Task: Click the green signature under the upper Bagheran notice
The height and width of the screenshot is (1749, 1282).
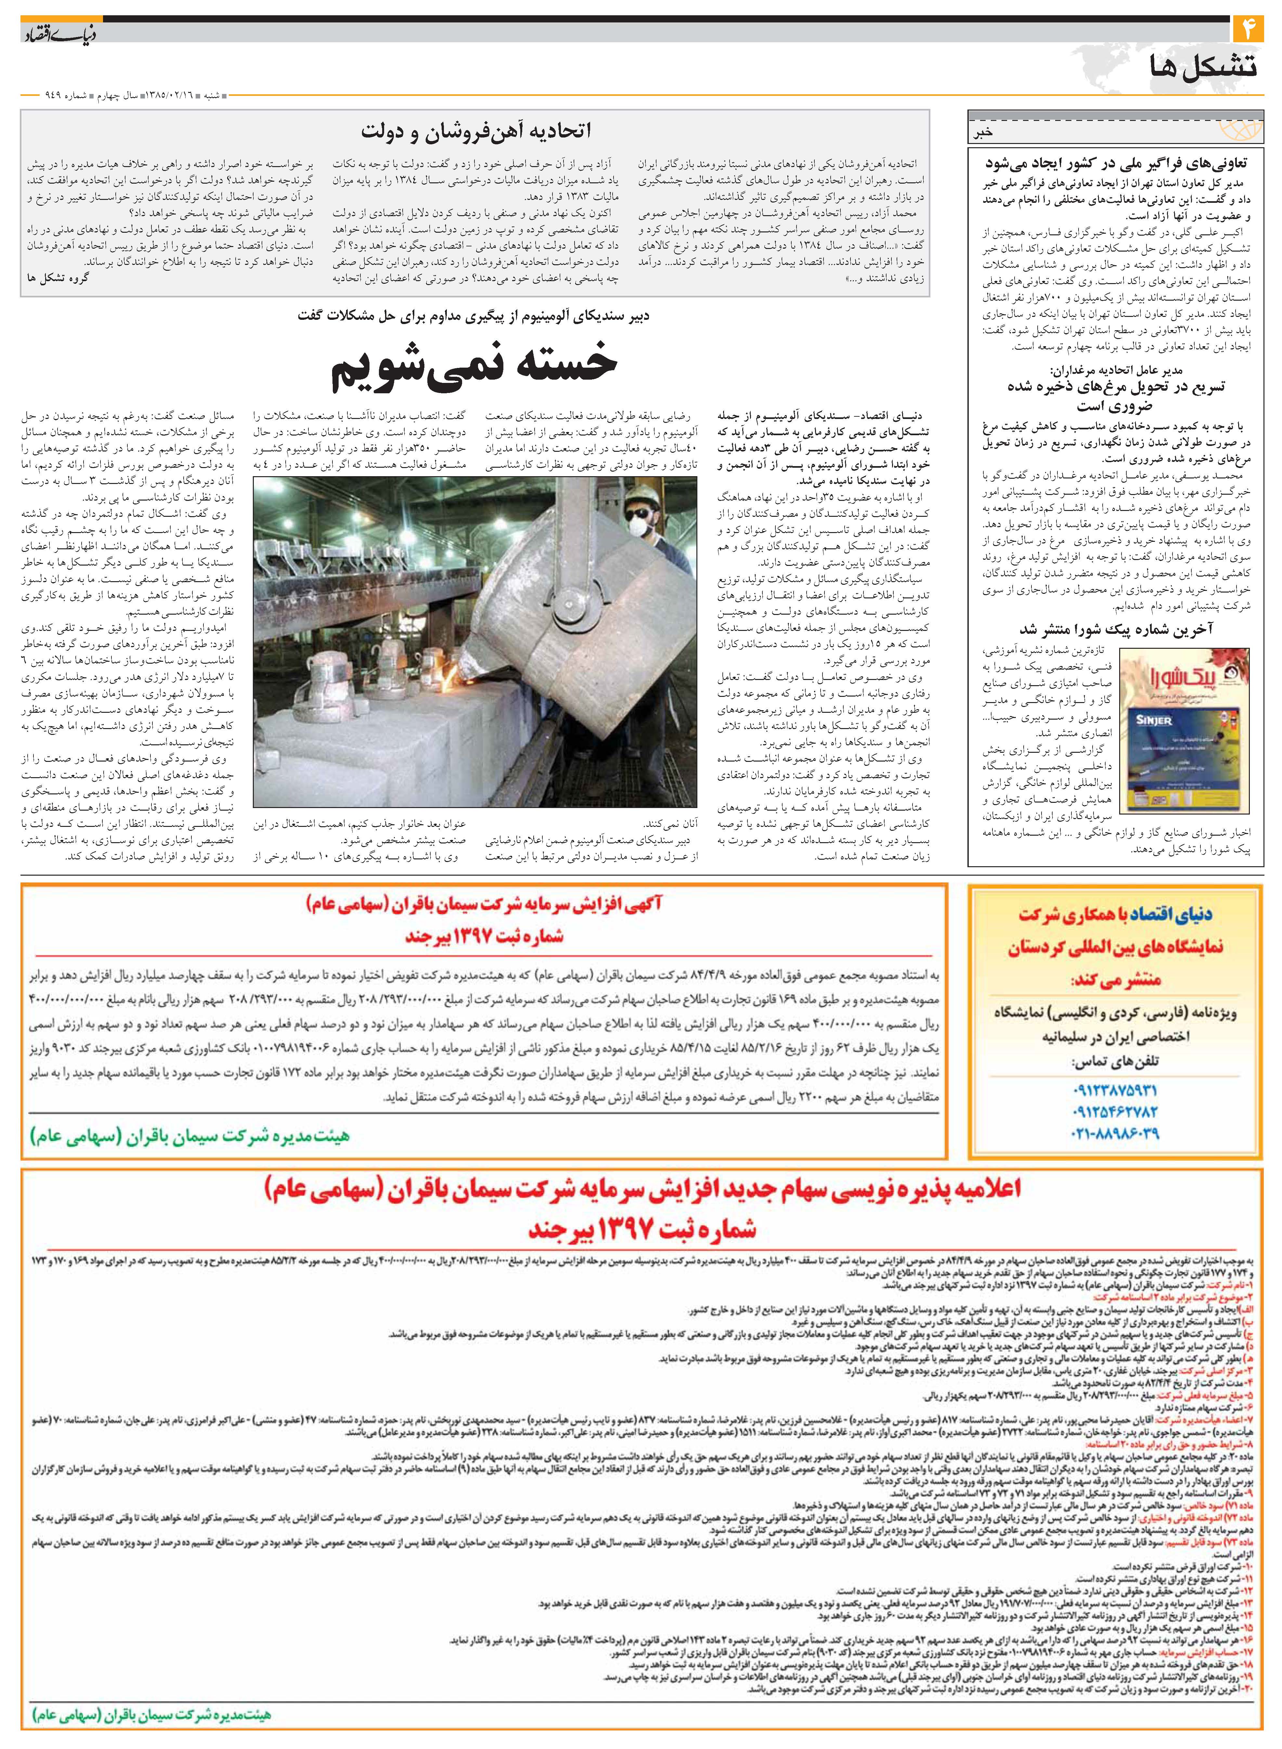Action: [x=190, y=1137]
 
